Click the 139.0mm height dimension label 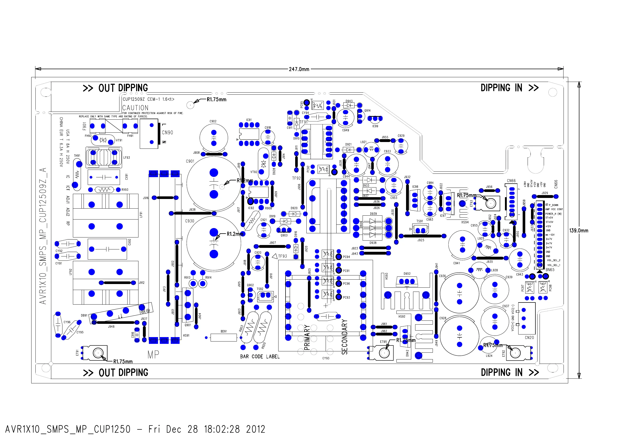pos(578,231)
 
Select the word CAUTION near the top pos(135,108)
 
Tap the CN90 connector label pos(167,132)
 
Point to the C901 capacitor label pos(190,161)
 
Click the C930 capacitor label pos(189,221)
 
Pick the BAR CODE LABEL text pos(260,357)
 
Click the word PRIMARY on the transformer pos(307,337)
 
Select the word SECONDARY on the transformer pos(344,337)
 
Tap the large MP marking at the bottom pos(153,354)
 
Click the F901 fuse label pos(85,126)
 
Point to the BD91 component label pos(224,331)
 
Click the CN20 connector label pos(529,338)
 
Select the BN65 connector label pos(550,270)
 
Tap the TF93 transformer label pos(282,256)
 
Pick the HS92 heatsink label pos(402,317)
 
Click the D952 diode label pos(407,274)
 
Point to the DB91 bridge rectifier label pos(84,315)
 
